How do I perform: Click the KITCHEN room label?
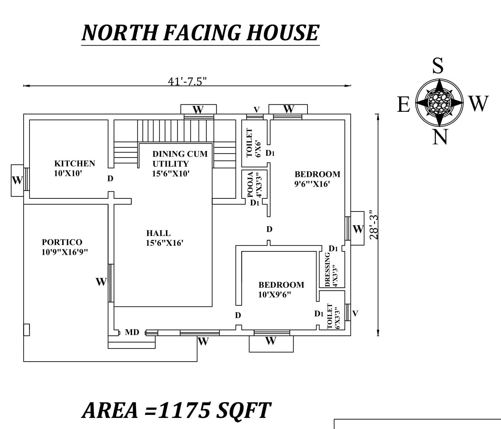[x=75, y=163]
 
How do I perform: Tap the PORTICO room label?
[x=62, y=242]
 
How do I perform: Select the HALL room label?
[x=158, y=233]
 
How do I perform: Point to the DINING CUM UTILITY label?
[x=180, y=159]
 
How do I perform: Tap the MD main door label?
[x=132, y=332]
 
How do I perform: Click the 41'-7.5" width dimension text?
[x=187, y=81]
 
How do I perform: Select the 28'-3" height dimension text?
[x=374, y=225]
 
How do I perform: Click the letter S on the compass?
[x=437, y=66]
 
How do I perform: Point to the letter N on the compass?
[x=440, y=137]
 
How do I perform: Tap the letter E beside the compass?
[x=404, y=104]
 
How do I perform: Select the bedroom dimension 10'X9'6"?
[x=274, y=295]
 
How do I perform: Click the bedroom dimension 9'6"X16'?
[x=312, y=184]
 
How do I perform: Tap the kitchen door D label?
[x=110, y=179]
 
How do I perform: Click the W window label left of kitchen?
[x=17, y=180]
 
